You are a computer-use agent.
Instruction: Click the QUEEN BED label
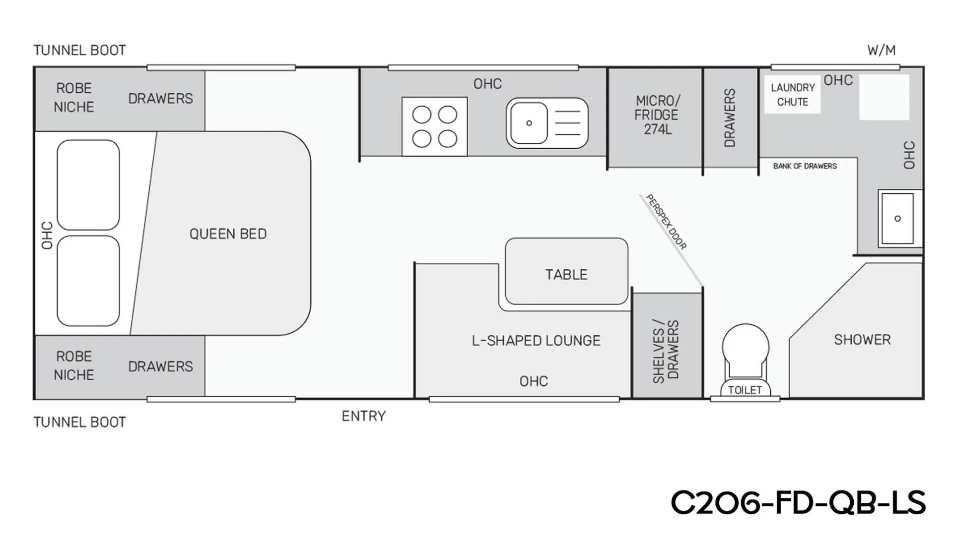228,234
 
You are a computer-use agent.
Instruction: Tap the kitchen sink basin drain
529,123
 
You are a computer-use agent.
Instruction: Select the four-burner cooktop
434,126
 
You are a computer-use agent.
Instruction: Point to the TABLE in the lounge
566,271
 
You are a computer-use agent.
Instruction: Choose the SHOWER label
862,340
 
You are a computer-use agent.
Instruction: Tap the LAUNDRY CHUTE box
792,95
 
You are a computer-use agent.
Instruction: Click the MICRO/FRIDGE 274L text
656,115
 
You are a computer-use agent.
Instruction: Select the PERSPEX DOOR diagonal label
666,222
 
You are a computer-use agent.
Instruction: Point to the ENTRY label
363,416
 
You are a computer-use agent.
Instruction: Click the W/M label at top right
881,50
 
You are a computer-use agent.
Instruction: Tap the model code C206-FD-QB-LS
798,503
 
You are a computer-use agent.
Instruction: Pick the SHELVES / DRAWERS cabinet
667,345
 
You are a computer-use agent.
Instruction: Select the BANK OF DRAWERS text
805,166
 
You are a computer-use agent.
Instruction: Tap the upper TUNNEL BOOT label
79,50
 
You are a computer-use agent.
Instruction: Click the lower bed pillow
88,281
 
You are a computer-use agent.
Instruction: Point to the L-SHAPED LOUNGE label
536,341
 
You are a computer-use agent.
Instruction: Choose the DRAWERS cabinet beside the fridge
730,118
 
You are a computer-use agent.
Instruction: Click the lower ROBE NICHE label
74,365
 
